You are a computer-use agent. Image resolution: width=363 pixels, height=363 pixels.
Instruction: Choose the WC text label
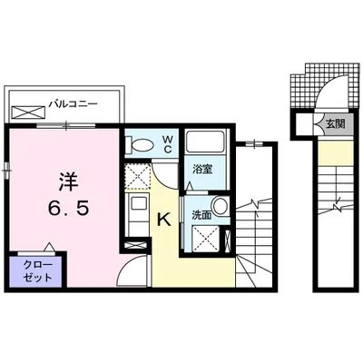[x=168, y=144]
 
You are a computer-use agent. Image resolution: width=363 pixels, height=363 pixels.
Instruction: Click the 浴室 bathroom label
[x=201, y=169]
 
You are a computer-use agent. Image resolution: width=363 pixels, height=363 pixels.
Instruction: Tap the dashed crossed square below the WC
[x=138, y=177]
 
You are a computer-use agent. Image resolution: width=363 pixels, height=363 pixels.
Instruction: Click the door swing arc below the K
[x=134, y=270]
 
